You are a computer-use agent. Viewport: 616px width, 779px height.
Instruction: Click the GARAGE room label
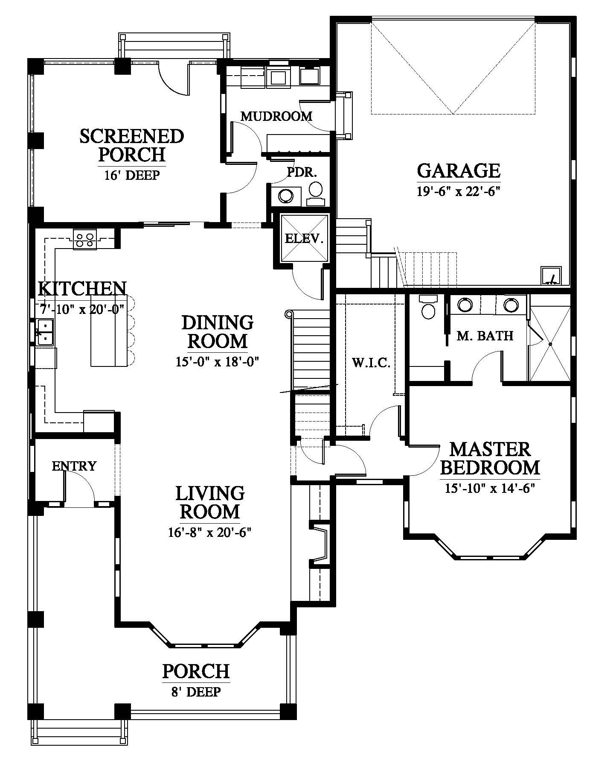[458, 170]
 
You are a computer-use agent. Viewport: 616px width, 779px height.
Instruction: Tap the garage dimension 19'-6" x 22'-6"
[458, 191]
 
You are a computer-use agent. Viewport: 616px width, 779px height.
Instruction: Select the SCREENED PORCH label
[132, 145]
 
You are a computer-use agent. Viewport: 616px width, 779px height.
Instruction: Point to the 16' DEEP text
[132, 175]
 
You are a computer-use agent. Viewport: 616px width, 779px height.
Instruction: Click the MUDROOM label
[276, 116]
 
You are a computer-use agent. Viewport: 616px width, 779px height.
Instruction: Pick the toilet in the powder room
[316, 193]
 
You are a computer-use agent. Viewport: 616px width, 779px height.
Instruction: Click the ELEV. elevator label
[304, 238]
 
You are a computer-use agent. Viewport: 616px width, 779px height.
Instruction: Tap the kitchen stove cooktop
[85, 239]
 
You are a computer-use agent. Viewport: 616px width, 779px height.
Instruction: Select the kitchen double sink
[44, 332]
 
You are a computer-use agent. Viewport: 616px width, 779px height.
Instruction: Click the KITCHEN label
[82, 289]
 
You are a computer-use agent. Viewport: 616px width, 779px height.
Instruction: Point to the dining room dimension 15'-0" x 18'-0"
[218, 362]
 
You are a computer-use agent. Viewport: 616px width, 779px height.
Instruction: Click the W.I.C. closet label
[371, 363]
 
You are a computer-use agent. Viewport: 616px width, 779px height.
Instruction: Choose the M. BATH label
[485, 336]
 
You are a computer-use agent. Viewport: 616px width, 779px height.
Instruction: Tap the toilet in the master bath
[428, 307]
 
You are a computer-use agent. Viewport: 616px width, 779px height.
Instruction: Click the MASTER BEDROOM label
[490, 458]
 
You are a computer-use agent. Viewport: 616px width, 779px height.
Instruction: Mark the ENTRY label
[74, 466]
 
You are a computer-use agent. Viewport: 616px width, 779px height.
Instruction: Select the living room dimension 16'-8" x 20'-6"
[210, 532]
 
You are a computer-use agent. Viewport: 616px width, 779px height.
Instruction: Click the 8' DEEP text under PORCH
[196, 691]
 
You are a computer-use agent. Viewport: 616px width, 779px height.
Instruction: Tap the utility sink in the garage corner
[552, 275]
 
